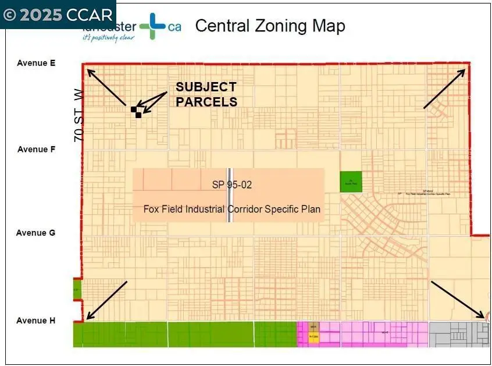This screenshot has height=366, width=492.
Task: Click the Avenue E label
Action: point(36,63)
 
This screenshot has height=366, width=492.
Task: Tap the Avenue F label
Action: point(36,150)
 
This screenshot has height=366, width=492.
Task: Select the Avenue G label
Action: point(36,233)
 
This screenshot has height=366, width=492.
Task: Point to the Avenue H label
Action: point(36,321)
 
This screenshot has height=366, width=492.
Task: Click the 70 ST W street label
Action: point(80,116)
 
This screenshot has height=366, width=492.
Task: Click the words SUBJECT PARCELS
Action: point(206,94)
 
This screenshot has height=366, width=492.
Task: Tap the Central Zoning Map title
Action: point(270,26)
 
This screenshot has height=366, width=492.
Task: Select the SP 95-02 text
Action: point(232,184)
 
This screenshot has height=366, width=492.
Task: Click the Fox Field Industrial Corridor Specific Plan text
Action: point(232,209)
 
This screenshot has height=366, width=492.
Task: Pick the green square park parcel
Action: point(351,182)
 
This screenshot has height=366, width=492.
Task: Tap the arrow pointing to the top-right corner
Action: point(444,88)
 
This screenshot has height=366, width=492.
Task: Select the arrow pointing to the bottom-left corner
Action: point(106,300)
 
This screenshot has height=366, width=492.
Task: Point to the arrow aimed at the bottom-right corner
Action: point(457,299)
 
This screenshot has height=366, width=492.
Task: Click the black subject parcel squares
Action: point(136,112)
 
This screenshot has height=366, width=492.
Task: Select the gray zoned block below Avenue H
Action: point(459,335)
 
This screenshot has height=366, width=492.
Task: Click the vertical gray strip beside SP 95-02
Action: point(230,196)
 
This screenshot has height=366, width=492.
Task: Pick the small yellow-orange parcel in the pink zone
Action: point(313,334)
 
